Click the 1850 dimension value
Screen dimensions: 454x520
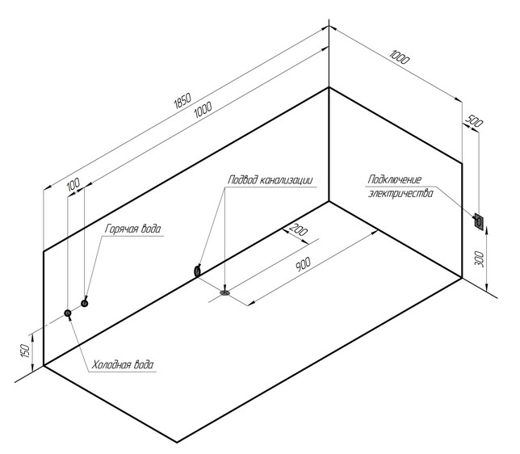pyautogui.click(x=182, y=100)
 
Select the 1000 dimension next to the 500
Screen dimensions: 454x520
pyautogui.click(x=400, y=57)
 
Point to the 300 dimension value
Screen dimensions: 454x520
pyautogui.click(x=480, y=259)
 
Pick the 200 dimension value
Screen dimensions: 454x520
pyautogui.click(x=298, y=230)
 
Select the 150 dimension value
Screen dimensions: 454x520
pyautogui.click(x=26, y=350)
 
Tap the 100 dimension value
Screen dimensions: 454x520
pyautogui.click(x=73, y=185)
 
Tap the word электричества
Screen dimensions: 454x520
pyautogui.click(x=396, y=193)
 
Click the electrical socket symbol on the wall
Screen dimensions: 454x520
pyautogui.click(x=479, y=220)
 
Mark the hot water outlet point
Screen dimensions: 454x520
pyautogui.click(x=84, y=303)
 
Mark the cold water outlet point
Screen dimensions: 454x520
pyautogui.click(x=68, y=313)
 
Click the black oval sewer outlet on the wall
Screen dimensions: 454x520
pyautogui.click(x=198, y=272)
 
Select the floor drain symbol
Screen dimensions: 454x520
pyautogui.click(x=225, y=292)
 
